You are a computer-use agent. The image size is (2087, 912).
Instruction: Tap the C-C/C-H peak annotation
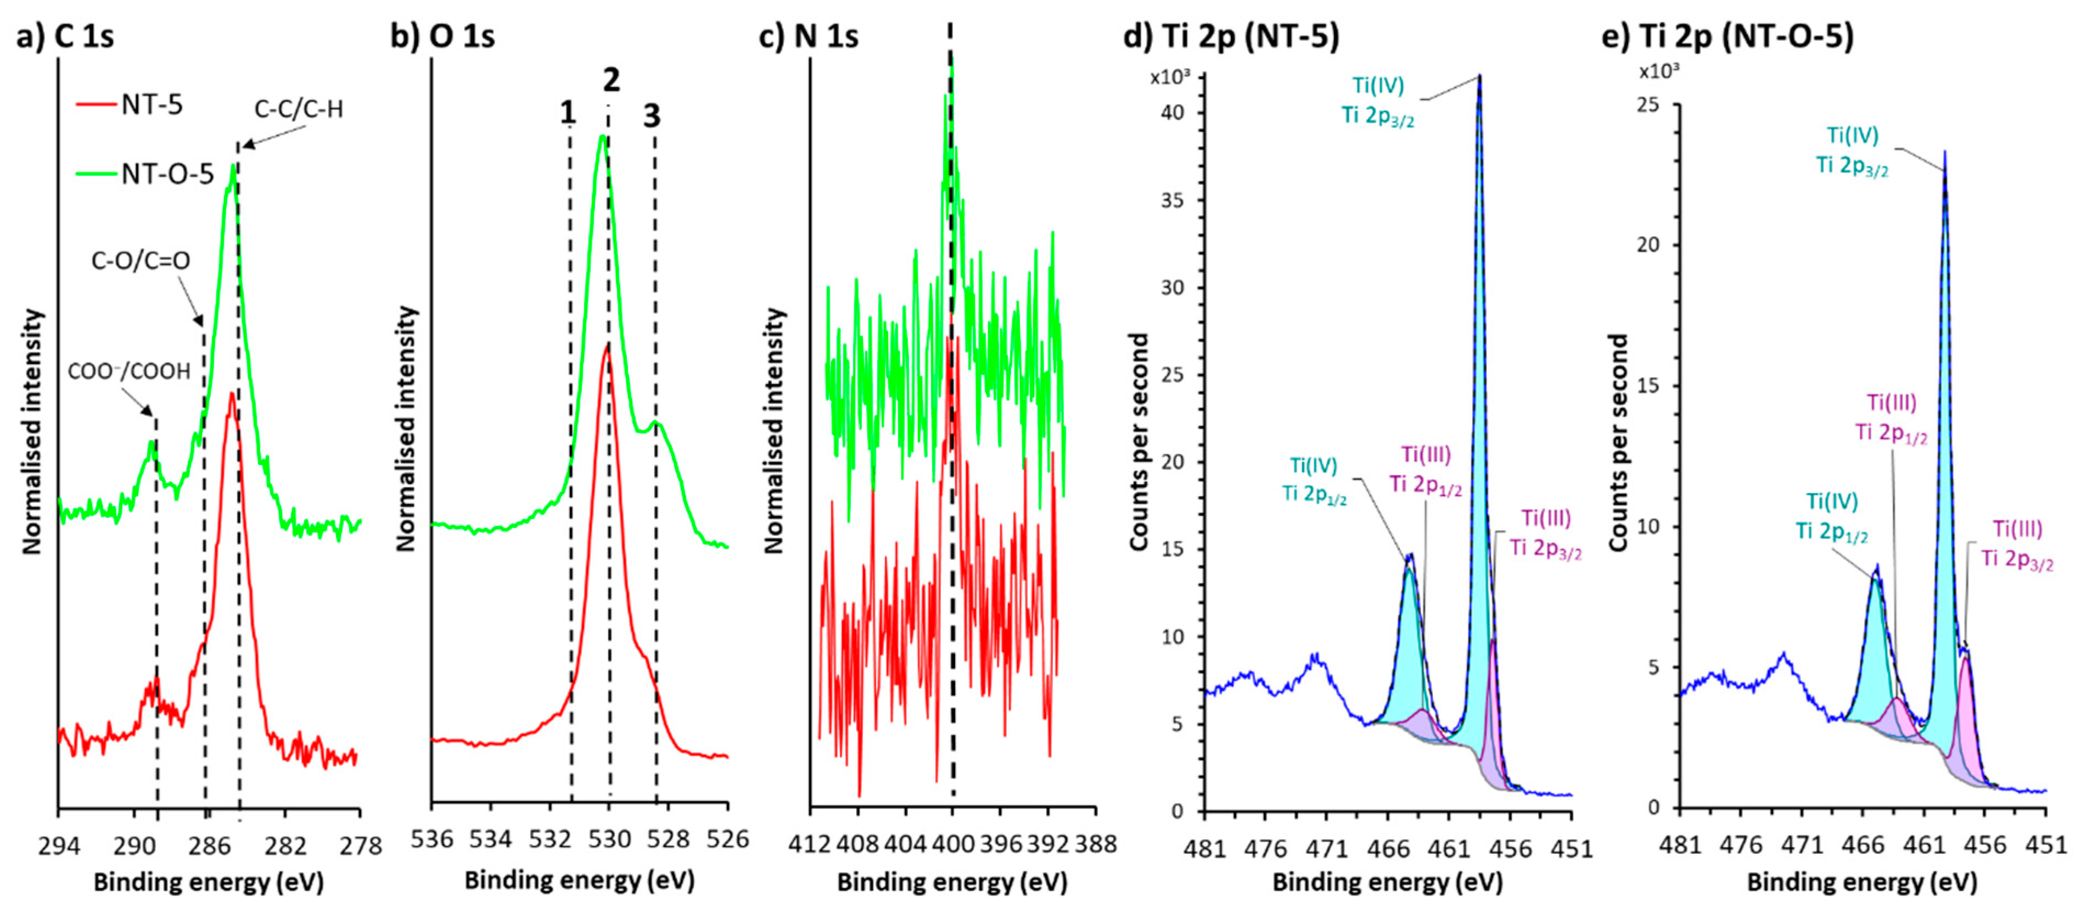pyautogui.click(x=298, y=109)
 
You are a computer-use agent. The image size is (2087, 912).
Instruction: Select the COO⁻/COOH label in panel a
pyautogui.click(x=129, y=371)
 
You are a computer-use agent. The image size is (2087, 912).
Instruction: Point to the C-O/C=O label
pyautogui.click(x=140, y=260)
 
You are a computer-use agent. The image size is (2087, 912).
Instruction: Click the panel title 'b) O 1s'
pyautogui.click(x=442, y=36)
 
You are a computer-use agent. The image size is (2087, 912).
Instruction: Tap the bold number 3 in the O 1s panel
pyautogui.click(x=652, y=116)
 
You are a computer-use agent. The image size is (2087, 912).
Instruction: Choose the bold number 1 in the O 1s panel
pyautogui.click(x=567, y=113)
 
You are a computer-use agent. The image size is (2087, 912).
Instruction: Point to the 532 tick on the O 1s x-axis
pyautogui.click(x=550, y=839)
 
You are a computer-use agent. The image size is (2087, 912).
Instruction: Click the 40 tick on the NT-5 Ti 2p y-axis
pyautogui.click(x=1172, y=112)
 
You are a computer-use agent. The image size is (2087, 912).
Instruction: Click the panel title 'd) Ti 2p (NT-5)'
pyautogui.click(x=1231, y=36)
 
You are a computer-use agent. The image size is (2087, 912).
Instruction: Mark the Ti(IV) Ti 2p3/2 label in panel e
pyautogui.click(x=1852, y=150)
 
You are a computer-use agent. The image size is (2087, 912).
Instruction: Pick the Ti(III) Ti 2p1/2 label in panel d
pyautogui.click(x=1426, y=469)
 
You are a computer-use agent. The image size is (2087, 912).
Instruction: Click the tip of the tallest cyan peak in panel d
pyautogui.click(x=1479, y=77)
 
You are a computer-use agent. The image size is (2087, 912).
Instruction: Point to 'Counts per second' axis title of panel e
pyautogui.click(x=1618, y=443)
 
